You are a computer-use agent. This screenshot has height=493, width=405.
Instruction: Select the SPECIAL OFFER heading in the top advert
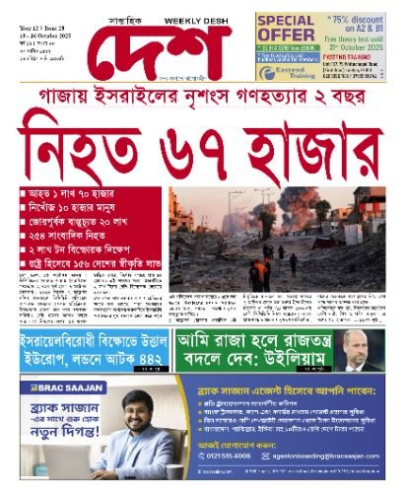pos(286,27)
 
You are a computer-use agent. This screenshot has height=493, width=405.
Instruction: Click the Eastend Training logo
pos(282,72)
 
